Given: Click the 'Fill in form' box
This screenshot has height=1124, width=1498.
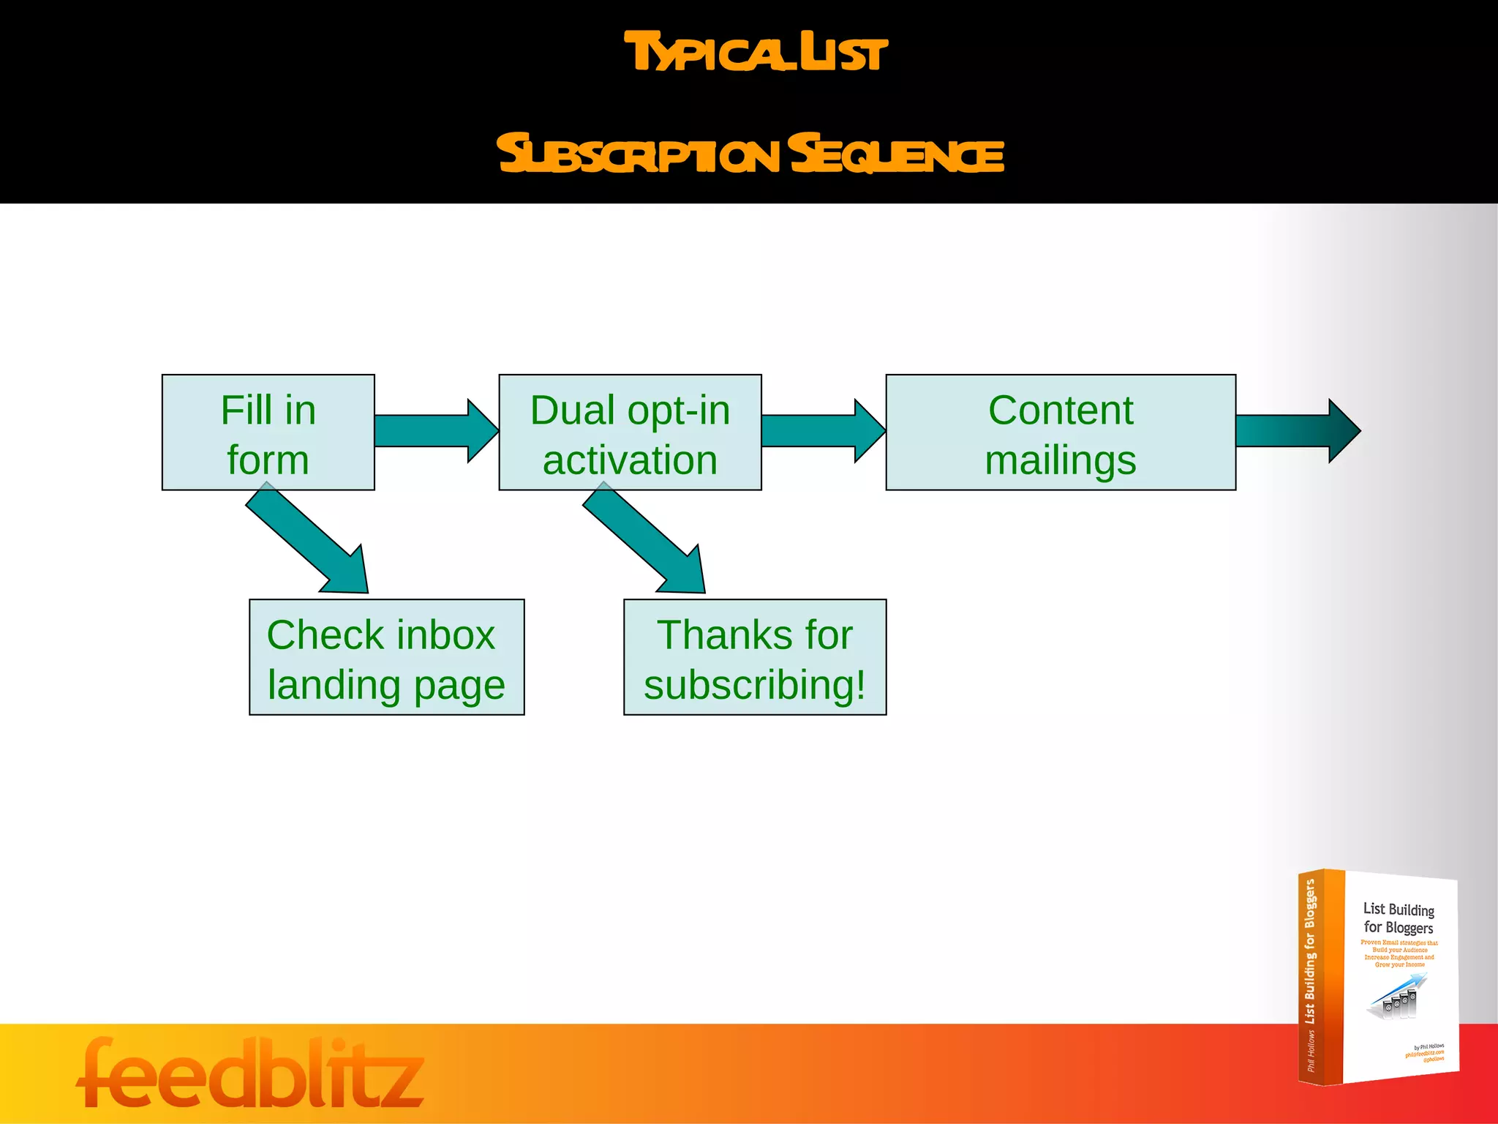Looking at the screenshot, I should (x=268, y=432).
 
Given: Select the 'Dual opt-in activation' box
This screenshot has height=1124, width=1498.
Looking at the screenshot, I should (x=630, y=432).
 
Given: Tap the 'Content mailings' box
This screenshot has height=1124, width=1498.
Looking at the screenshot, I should (x=1060, y=432).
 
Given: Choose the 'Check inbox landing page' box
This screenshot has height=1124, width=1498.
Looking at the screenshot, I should (x=386, y=656).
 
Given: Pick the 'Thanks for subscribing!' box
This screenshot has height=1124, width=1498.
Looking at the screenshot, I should (x=754, y=656).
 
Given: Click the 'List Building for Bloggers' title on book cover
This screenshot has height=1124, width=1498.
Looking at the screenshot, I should (x=1398, y=918).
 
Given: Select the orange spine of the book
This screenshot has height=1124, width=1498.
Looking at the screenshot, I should (x=1320, y=977).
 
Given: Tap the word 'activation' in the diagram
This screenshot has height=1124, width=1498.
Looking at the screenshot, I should (x=630, y=460).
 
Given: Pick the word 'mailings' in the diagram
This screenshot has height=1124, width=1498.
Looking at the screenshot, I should (x=1060, y=460).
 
